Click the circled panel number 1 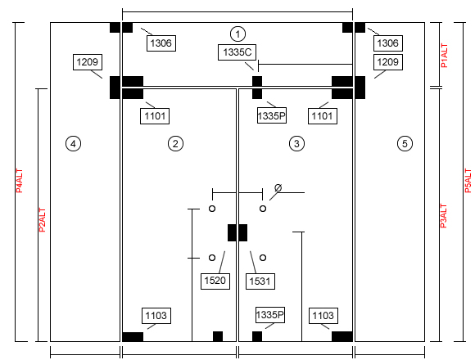(x=237, y=34)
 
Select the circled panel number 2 (x=175, y=144)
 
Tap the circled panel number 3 (x=296, y=144)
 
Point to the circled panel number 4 (x=74, y=144)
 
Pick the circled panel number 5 (x=405, y=144)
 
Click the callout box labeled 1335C (x=237, y=52)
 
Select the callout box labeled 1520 (x=215, y=281)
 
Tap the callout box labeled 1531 (x=260, y=281)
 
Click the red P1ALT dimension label (x=444, y=56)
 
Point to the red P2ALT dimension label (x=43, y=220)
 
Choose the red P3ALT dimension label (x=444, y=216)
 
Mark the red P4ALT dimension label (x=20, y=181)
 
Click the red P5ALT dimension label (x=468, y=181)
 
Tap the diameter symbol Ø (x=278, y=188)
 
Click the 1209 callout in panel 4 (x=88, y=62)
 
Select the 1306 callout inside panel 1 (x=161, y=43)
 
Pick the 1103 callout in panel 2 (x=156, y=316)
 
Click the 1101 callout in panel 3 (x=323, y=116)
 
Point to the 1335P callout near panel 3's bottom (x=270, y=315)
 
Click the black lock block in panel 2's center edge (x=232, y=232)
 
